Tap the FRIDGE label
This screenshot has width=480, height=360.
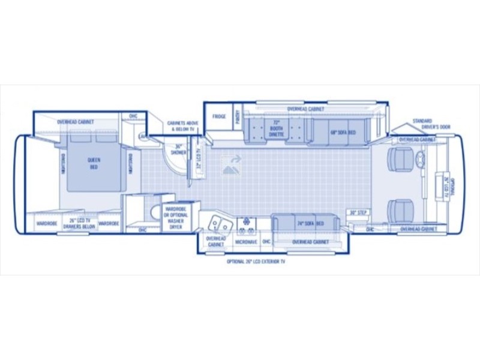point(219,116)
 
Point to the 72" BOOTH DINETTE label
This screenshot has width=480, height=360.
point(276,129)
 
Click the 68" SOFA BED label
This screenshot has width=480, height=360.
point(343,132)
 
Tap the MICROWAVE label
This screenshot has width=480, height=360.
point(245,241)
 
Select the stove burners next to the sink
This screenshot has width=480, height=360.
point(245,224)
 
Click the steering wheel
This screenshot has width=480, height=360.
point(419,160)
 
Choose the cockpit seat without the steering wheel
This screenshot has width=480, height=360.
point(399,210)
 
